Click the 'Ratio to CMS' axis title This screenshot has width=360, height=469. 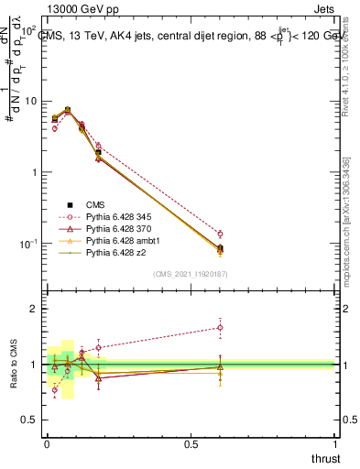point(13,365)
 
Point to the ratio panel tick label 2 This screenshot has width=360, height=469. point(34,310)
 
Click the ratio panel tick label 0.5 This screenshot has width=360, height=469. point(29,420)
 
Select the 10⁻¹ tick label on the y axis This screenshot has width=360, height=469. point(28,244)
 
